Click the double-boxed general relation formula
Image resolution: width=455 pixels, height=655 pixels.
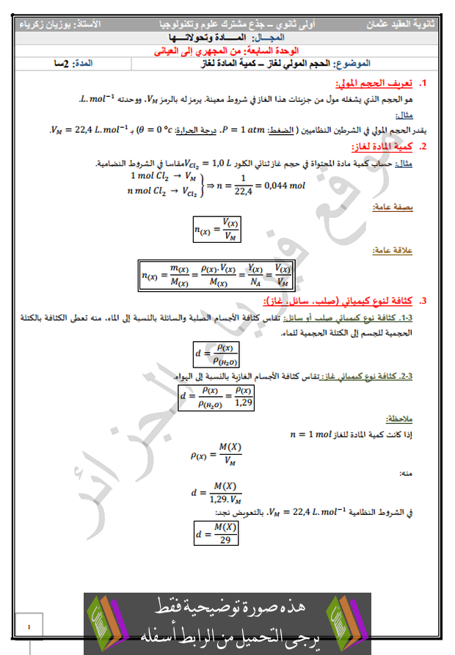click(216, 276)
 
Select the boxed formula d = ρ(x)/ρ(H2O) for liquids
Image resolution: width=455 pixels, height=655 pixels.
click(217, 354)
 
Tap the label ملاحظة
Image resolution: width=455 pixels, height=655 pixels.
click(399, 420)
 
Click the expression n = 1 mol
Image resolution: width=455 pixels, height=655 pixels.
click(312, 434)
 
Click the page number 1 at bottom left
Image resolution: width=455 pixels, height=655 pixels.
click(28, 627)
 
